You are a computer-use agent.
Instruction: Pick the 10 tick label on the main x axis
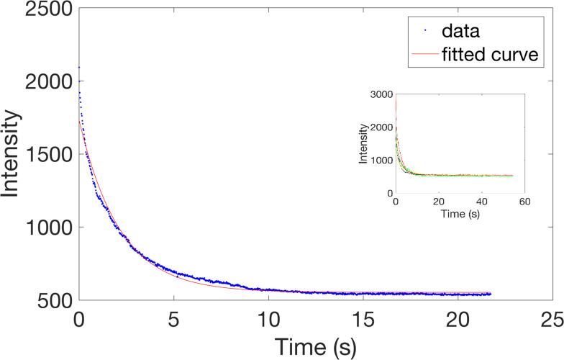point(268,318)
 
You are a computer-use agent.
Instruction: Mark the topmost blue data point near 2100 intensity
point(79,67)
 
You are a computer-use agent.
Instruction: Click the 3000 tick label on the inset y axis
point(381,94)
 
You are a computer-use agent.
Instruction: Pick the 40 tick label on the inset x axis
point(482,202)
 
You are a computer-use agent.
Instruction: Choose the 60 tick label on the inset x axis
point(525,202)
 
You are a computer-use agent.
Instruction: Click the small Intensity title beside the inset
point(365,143)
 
